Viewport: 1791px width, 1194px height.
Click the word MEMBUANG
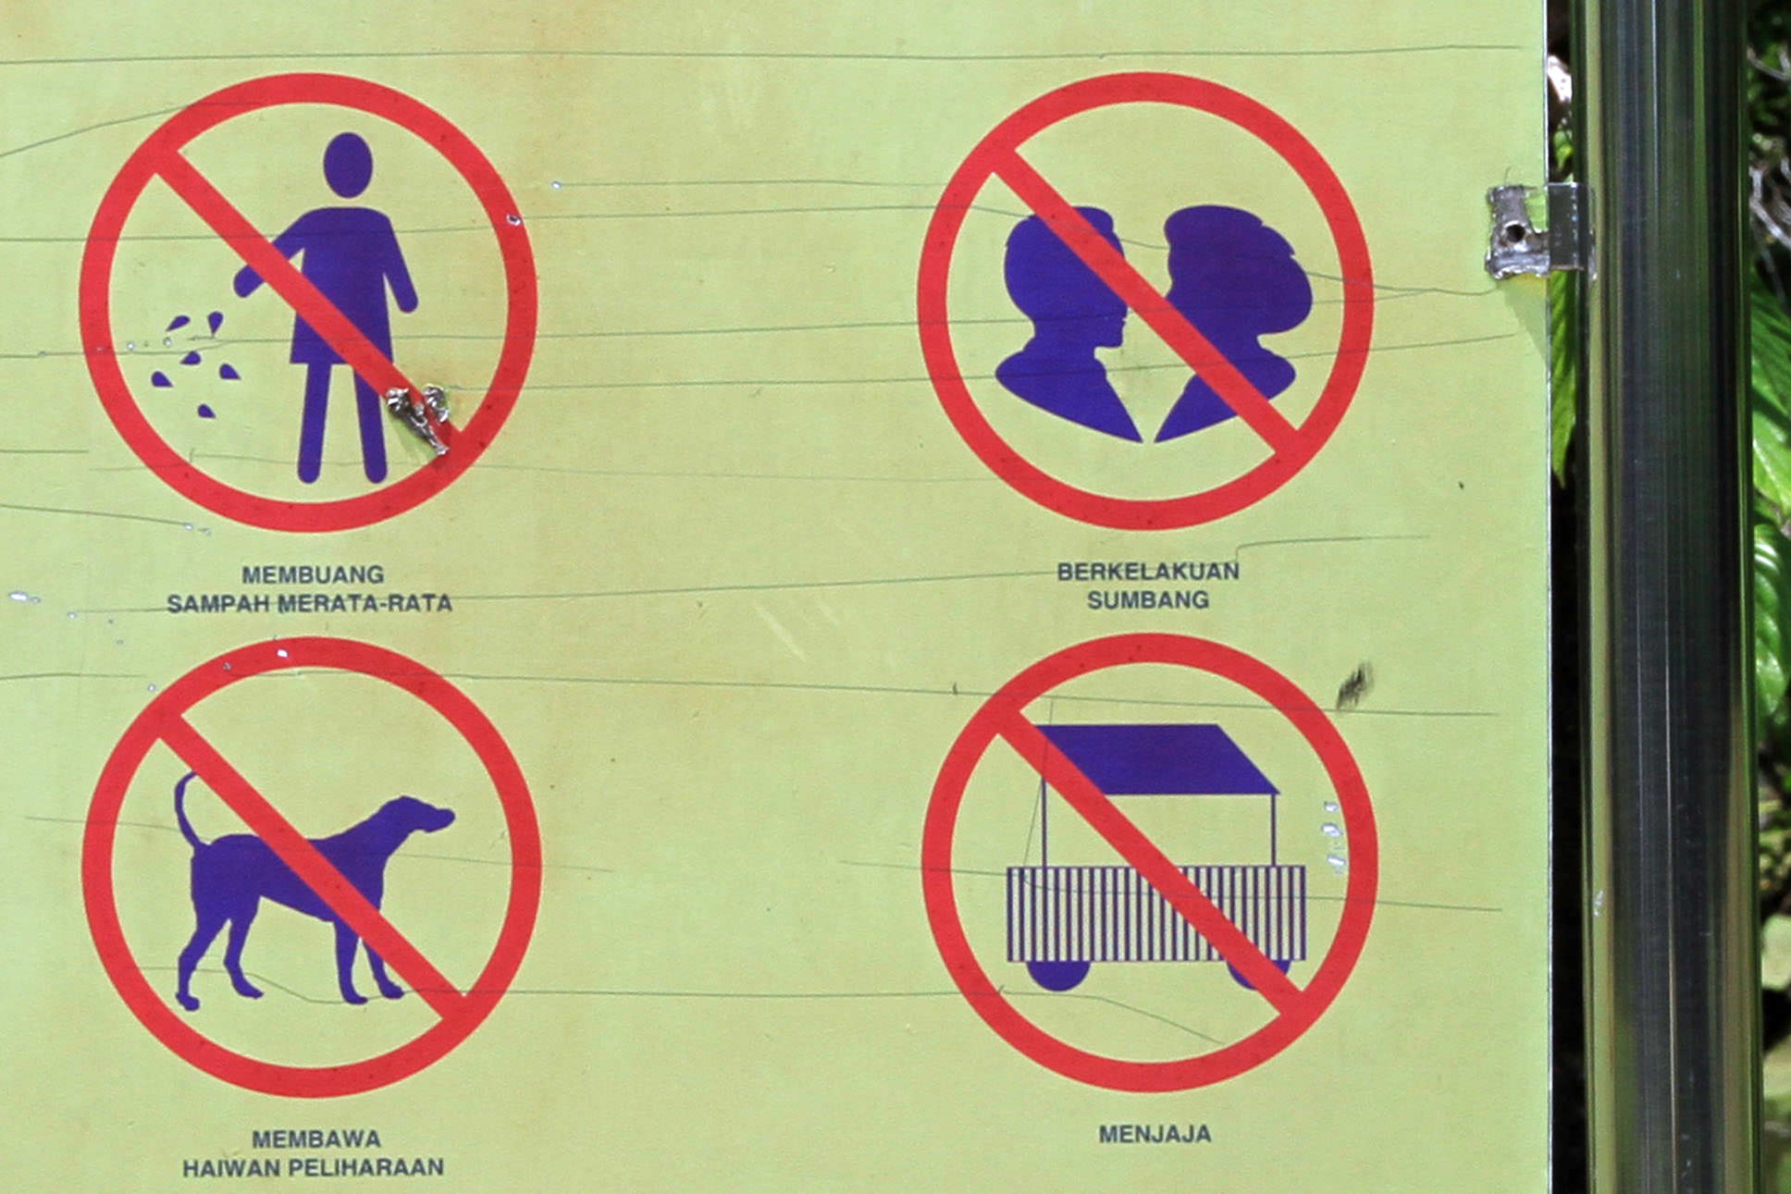tap(313, 575)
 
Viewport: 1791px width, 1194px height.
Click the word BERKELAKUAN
tap(1148, 572)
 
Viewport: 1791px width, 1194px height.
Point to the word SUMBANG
tap(1148, 600)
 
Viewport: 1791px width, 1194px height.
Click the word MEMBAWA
tap(316, 1139)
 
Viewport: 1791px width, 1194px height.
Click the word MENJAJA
tap(1155, 1134)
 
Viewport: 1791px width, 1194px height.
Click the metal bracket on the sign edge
tap(1538, 230)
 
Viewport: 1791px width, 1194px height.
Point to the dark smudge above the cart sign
tap(1353, 686)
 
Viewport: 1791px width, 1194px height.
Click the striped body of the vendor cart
tap(1156, 914)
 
